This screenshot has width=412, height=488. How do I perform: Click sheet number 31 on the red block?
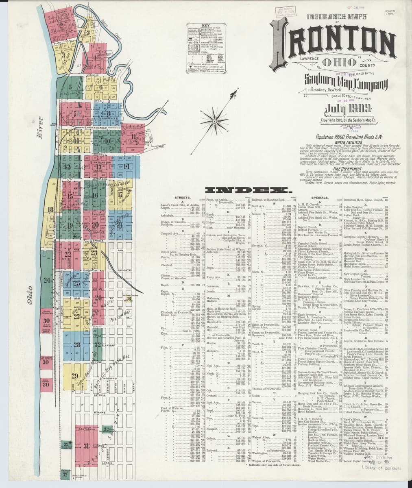click(86, 446)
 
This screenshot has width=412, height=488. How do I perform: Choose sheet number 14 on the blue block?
click(126, 166)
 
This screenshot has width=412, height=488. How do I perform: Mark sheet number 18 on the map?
click(51, 210)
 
